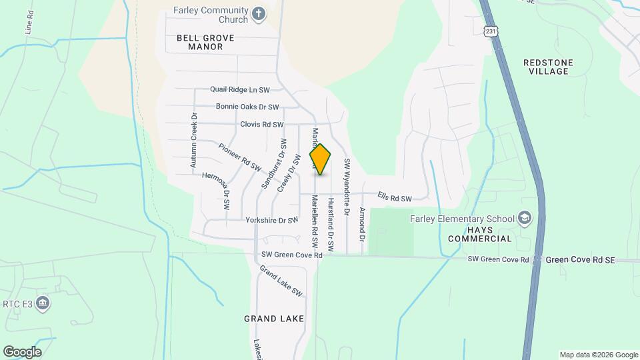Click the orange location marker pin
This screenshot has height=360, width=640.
[x=320, y=159]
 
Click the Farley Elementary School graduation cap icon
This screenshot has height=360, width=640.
[x=525, y=218]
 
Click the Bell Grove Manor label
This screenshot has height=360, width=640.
[x=205, y=43]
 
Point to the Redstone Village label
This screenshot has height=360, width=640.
[x=548, y=67]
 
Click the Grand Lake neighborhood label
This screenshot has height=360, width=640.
[x=273, y=319]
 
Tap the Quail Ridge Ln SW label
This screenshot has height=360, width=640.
[x=239, y=89]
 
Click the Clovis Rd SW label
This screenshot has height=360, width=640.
[x=262, y=125]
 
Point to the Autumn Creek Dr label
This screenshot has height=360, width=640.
[x=194, y=141]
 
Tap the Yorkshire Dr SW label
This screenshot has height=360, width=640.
[x=271, y=220]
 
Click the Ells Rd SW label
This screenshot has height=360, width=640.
[x=394, y=197]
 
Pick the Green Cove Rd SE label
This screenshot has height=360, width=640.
[x=580, y=259]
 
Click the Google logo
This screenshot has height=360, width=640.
[x=22, y=352]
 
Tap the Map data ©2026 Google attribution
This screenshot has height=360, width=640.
[x=599, y=355]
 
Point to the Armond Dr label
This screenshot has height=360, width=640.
[x=363, y=224]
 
